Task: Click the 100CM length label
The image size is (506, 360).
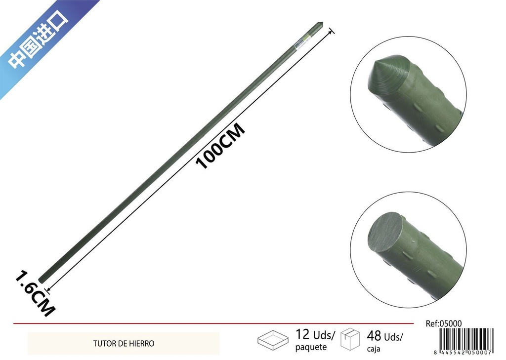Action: point(221,146)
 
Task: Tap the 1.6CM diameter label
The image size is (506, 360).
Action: point(35,293)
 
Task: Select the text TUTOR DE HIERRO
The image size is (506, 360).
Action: point(124,344)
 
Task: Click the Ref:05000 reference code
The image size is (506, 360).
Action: point(444,323)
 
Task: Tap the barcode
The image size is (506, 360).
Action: point(467,339)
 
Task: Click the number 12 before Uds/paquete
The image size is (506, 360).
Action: point(303,334)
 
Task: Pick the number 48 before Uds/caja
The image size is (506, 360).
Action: point(374,336)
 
